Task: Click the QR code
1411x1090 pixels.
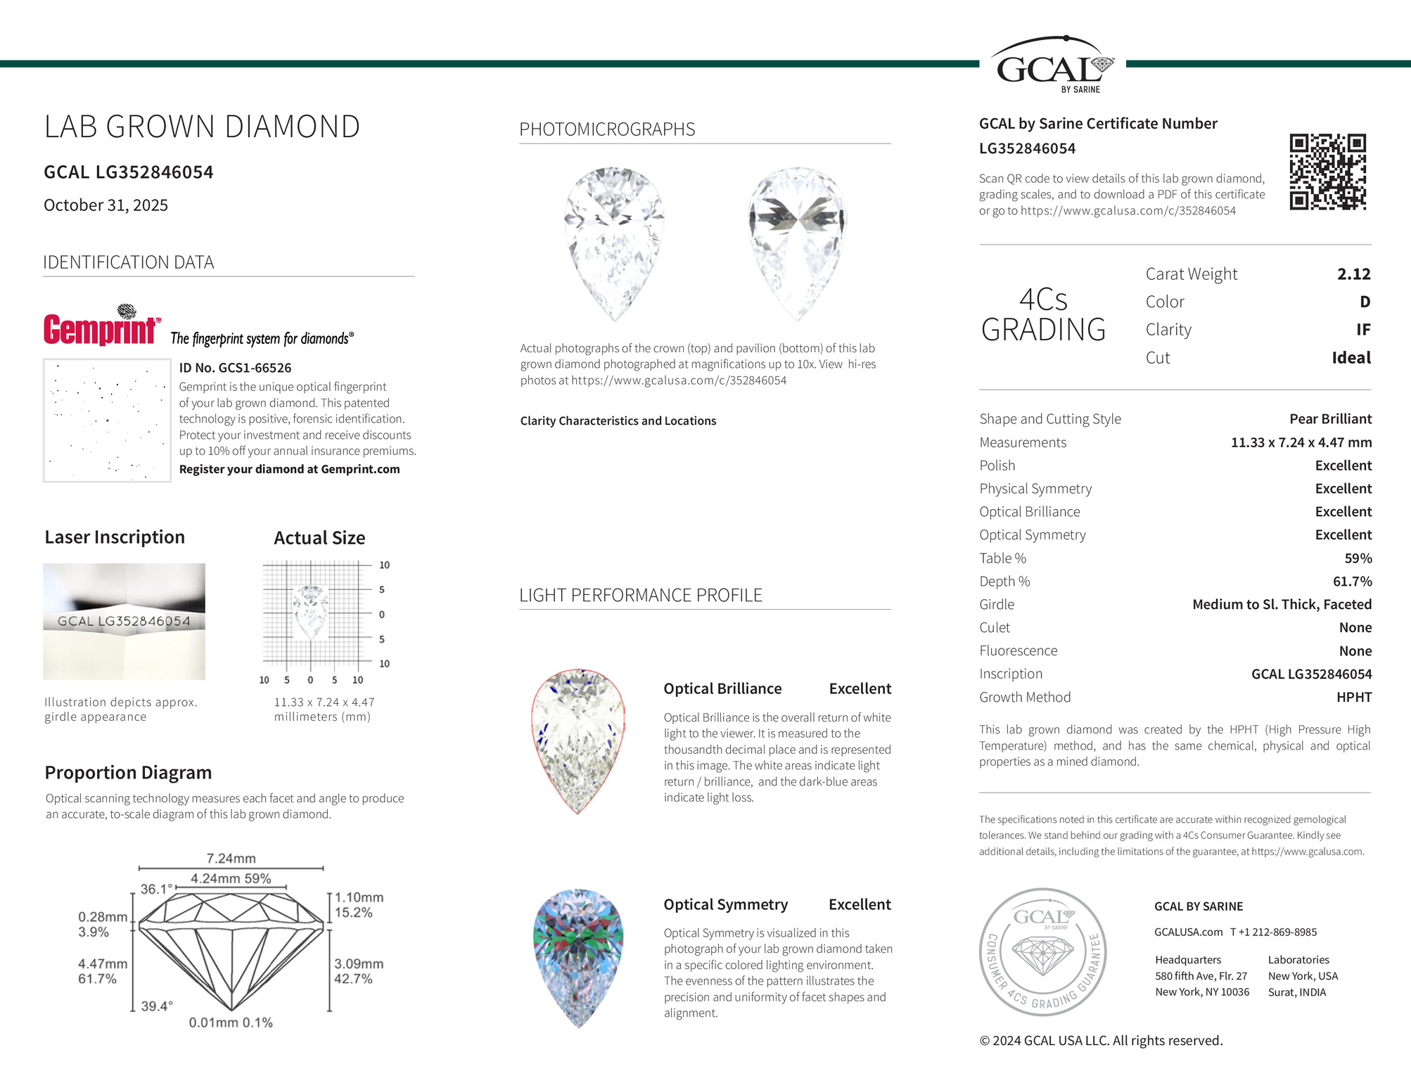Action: pos(1327,172)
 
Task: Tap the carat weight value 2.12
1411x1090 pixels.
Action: pos(1353,274)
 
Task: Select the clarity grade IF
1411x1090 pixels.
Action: pos(1362,330)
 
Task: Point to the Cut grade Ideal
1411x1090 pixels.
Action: pos(1351,358)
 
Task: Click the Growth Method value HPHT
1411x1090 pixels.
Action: pos(1353,698)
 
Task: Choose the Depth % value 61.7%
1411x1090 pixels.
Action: pos(1352,582)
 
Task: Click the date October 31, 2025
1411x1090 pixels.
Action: pos(106,205)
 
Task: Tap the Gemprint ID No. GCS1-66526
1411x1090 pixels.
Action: pos(235,368)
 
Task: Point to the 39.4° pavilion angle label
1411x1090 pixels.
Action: pos(157,1006)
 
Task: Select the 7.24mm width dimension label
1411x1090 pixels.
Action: pos(231,859)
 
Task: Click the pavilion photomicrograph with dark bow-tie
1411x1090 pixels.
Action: pos(797,243)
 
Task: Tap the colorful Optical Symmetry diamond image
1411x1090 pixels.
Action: pos(578,958)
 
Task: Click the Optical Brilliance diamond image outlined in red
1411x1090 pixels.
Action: pos(577,741)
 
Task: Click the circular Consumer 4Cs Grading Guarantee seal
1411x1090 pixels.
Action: pos(1043,951)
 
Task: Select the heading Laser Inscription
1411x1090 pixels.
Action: pos(115,537)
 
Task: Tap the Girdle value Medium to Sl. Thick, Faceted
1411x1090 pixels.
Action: pos(1282,605)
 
